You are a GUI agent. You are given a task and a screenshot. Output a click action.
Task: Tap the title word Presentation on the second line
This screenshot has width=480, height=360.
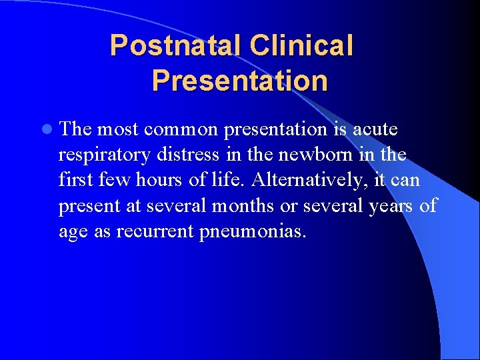(239, 81)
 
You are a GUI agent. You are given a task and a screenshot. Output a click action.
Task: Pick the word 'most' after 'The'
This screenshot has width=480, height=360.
(117, 129)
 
